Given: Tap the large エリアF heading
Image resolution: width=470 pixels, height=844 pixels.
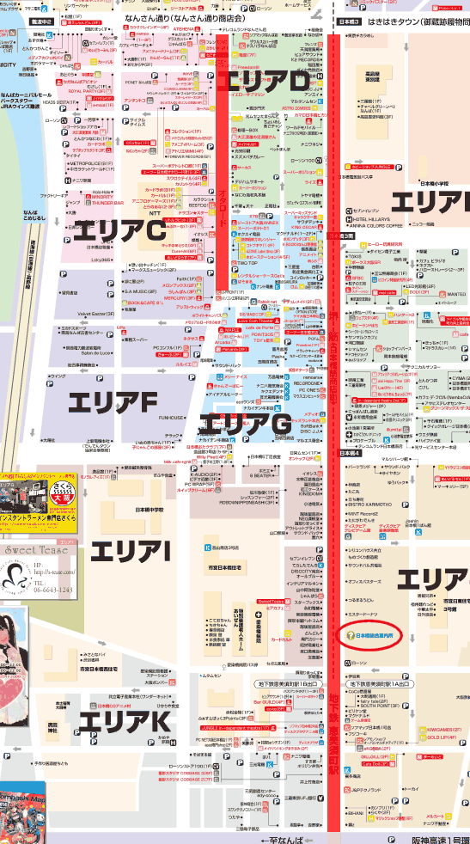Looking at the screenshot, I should click(x=112, y=377).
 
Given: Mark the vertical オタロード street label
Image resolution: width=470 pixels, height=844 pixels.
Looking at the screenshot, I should click(x=222, y=199).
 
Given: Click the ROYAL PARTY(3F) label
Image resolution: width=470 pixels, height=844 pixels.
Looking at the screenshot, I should click(x=86, y=90).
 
